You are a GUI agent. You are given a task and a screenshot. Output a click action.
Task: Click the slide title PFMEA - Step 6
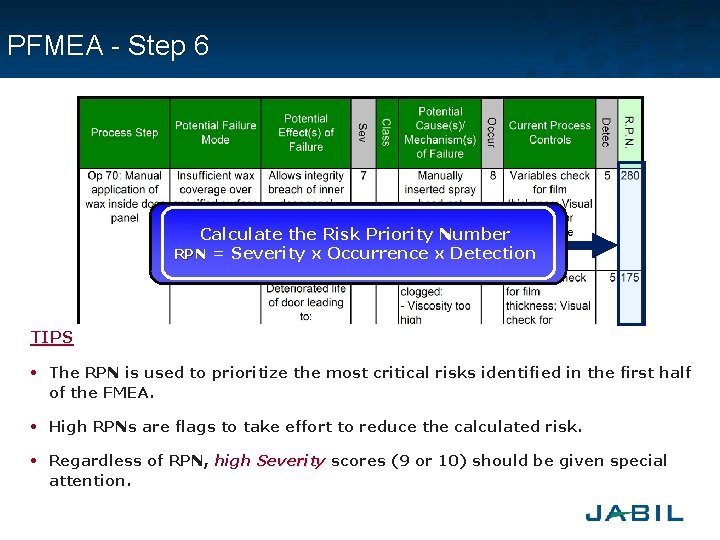tap(108, 46)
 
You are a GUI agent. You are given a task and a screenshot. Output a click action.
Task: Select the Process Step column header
tap(124, 132)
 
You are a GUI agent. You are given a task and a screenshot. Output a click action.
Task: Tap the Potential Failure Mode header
tap(215, 132)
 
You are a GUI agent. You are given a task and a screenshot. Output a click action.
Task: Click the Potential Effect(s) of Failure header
tap(306, 132)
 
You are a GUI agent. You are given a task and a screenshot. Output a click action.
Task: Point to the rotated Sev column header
tap(363, 132)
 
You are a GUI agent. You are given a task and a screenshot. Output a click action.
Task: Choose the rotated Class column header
tap(386, 132)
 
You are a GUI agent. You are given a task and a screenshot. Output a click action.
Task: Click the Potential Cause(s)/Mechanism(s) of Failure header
tap(440, 132)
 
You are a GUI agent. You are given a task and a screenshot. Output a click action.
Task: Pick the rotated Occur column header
tap(491, 132)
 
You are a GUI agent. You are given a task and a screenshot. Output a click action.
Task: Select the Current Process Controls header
tap(549, 132)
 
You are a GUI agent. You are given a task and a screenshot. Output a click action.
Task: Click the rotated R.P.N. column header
tap(629, 132)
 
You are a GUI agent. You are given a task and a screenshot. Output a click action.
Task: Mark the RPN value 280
tap(630, 175)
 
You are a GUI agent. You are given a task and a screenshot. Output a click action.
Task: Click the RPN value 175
tap(630, 277)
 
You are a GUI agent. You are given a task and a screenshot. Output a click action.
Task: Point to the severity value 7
tap(363, 175)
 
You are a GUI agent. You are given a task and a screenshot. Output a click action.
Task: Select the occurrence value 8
tap(492, 175)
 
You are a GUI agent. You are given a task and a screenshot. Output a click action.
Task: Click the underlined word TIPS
tap(52, 338)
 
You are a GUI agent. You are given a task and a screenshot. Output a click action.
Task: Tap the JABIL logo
tap(634, 513)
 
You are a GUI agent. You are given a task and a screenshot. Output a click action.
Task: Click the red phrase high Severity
tap(269, 461)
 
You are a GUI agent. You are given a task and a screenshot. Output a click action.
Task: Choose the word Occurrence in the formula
tap(377, 254)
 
